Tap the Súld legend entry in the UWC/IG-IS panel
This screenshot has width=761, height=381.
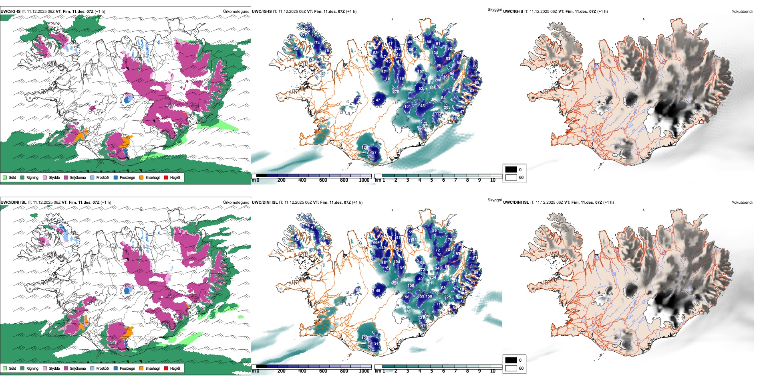click(10, 177)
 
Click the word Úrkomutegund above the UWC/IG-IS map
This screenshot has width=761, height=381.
click(236, 11)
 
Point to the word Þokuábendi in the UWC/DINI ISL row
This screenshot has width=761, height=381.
click(742, 202)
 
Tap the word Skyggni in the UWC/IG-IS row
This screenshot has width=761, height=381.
click(494, 9)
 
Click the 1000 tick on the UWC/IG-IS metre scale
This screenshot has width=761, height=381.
click(364, 180)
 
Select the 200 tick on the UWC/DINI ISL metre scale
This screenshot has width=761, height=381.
click(281, 371)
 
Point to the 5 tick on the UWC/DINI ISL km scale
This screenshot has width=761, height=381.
click(431, 371)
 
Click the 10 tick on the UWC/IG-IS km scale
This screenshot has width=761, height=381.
click(493, 180)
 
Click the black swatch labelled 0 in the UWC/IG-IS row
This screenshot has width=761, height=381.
click(511, 169)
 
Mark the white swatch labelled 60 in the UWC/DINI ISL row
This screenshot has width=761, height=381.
click(511, 368)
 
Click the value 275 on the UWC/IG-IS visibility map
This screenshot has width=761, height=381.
click(396, 92)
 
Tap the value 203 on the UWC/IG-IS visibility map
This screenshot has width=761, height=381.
click(447, 107)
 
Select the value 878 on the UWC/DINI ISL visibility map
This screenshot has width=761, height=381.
click(407, 311)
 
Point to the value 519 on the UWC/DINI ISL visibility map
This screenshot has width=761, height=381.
click(431, 283)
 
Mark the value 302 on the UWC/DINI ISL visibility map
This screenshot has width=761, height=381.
click(395, 282)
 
